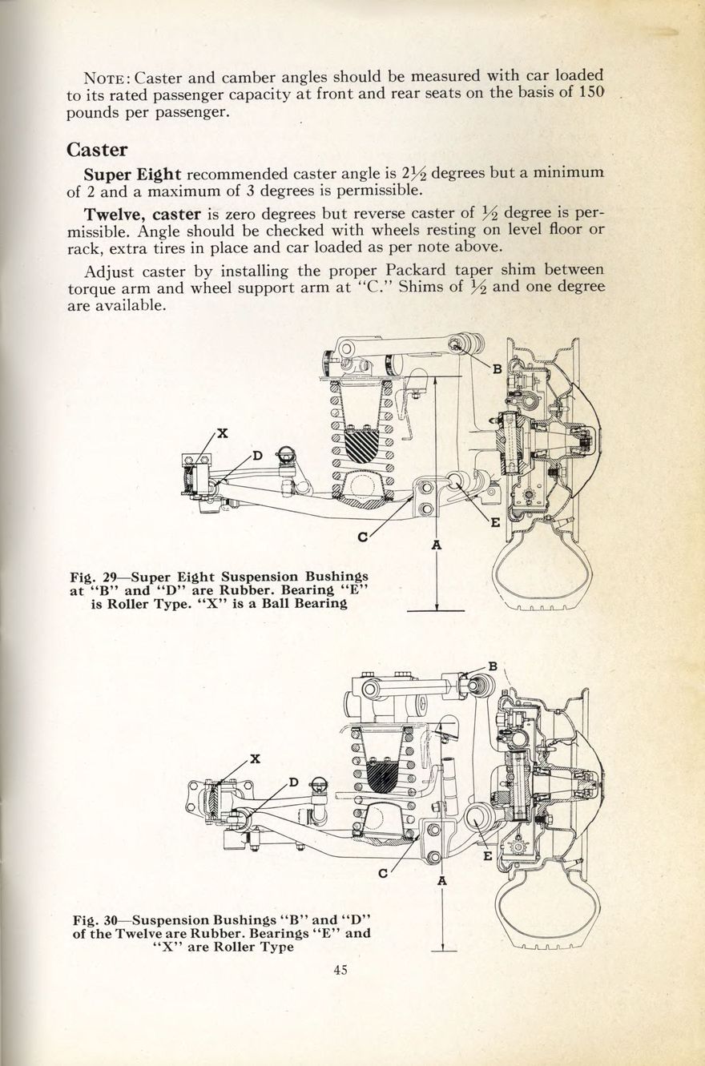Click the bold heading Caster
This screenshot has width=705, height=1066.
(x=97, y=150)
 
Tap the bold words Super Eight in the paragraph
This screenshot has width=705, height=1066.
(x=132, y=174)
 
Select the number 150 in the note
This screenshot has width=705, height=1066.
(x=589, y=94)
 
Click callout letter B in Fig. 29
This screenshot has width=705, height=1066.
(x=497, y=369)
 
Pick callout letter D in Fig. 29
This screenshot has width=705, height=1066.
(x=258, y=456)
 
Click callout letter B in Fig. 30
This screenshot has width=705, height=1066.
(x=493, y=666)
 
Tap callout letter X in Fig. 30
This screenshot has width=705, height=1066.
(x=254, y=758)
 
